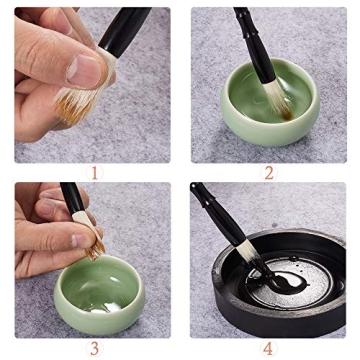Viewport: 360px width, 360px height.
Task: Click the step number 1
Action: pos(96,172)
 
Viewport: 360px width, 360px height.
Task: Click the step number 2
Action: pos(268,172)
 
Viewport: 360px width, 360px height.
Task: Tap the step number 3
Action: pos(95,348)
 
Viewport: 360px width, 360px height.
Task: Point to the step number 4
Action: pos(268,348)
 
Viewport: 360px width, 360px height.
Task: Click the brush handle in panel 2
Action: pos(244,30)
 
